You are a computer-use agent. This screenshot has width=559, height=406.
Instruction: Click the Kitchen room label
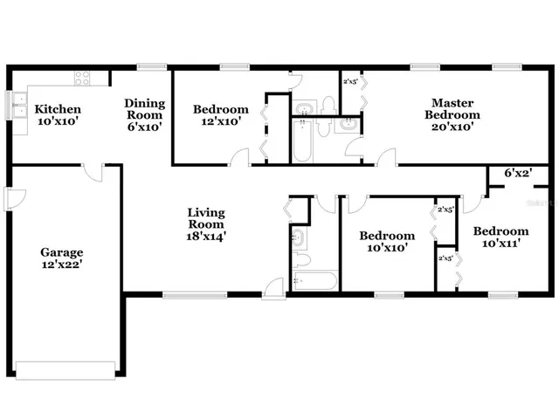pos(58,110)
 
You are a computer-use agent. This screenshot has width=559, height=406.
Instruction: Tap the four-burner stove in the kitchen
pos(83,79)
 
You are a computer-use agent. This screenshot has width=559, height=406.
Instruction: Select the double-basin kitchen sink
pos(18,105)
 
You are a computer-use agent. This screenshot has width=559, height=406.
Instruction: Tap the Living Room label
pos(206,218)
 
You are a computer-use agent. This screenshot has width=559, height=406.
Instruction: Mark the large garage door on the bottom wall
pos(65,368)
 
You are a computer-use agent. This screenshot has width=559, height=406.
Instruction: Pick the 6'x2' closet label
pos(517,174)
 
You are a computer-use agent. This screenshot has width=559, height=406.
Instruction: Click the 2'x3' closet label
pos(351,81)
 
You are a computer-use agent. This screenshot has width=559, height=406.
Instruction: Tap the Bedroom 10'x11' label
pos(501,237)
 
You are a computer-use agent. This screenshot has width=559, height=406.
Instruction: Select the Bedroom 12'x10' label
pos(220,115)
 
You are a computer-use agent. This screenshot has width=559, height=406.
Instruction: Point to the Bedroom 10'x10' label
pos(387,242)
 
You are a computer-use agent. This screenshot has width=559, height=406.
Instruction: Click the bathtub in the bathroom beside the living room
pos(314,282)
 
